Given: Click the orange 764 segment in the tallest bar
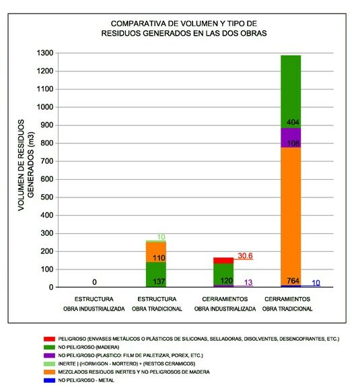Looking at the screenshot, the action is tap(291, 216).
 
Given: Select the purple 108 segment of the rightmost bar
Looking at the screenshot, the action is tap(291, 137).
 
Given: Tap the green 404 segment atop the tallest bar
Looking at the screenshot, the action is tap(291, 92).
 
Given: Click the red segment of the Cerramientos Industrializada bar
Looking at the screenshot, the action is tap(223, 261).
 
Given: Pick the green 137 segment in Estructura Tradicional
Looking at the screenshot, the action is tap(156, 274).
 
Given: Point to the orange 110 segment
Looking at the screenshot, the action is tap(156, 253).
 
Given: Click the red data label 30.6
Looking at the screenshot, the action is tap(245, 256).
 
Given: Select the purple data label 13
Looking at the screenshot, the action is tap(248, 282).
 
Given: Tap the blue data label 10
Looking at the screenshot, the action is tap(316, 283).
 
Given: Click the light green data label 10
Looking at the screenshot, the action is tap(161, 237).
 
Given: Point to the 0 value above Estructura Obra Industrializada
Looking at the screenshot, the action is tap(94, 282).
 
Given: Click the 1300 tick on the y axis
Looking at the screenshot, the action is tap(45, 53).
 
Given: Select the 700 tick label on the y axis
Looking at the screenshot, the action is tap(47, 161).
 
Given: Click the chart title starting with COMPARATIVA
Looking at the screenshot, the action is tap(184, 28).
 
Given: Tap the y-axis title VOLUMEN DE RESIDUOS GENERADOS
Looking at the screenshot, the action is tap(26, 165).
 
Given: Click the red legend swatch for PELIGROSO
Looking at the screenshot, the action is tap(49, 339).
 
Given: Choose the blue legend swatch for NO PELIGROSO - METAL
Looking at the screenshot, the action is tap(49, 381).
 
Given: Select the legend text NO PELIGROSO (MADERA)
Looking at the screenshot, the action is tap(89, 347).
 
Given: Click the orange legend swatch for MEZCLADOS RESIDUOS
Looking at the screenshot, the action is tap(49, 372).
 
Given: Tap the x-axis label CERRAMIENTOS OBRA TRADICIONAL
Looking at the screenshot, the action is tap(287, 304).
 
